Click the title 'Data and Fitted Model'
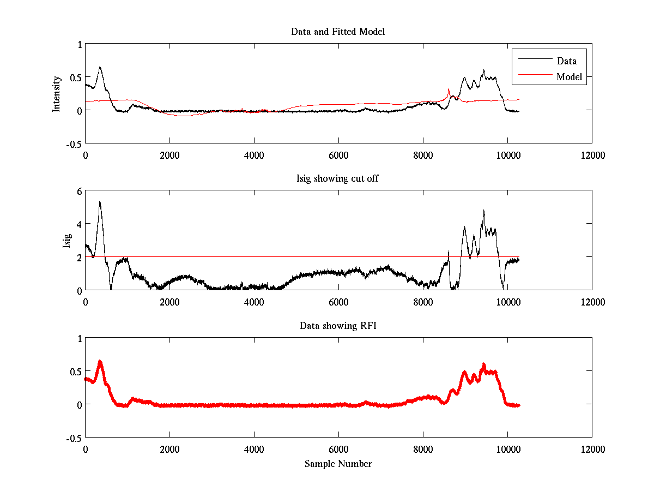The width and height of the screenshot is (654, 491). [x=338, y=32]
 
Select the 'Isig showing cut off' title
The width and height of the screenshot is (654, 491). [x=338, y=179]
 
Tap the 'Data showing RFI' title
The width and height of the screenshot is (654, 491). [x=338, y=326]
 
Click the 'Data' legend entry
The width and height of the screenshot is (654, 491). [x=566, y=61]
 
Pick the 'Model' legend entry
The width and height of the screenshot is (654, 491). [x=569, y=77]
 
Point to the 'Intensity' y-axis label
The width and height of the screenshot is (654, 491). [x=56, y=93]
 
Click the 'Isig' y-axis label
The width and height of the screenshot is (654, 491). [x=66, y=241]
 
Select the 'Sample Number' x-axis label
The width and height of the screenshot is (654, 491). [x=338, y=464]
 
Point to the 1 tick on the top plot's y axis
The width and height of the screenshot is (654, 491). [x=79, y=45]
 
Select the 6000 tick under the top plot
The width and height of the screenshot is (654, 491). [x=338, y=155]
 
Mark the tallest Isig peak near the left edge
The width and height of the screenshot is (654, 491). [x=100, y=202]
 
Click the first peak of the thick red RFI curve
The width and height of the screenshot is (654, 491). [x=100, y=361]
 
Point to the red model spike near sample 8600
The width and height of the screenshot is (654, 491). [x=449, y=89]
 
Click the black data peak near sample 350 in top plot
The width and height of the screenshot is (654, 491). [x=100, y=67]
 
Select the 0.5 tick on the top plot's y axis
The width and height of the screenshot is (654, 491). [x=76, y=77]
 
